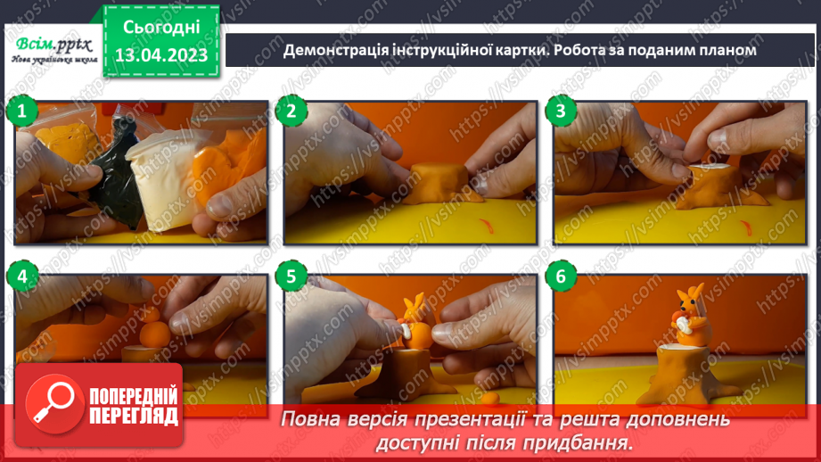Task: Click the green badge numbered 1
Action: (21, 112)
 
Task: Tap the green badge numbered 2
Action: (291, 112)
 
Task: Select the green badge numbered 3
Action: (561, 112)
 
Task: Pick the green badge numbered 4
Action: (21, 277)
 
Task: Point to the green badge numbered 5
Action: (291, 277)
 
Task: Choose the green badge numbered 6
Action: (561, 277)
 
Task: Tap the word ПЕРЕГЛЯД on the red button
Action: (134, 415)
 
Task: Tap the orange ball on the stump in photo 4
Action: (152, 332)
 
